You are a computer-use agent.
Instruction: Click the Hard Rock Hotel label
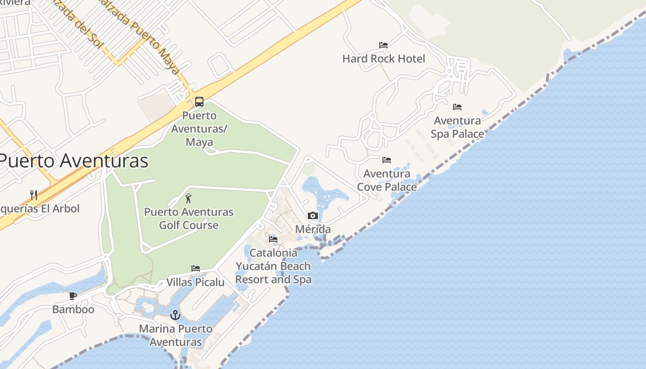[383, 59]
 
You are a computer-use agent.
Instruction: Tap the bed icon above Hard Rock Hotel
[383, 45]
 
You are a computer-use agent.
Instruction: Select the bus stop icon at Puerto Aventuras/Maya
[199, 101]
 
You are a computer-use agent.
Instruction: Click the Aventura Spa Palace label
[457, 127]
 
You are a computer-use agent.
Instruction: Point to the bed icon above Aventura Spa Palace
[457, 107]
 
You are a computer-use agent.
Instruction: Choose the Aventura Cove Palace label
[387, 180]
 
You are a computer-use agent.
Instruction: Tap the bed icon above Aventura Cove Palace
[387, 160]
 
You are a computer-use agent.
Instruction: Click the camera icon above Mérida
[313, 215]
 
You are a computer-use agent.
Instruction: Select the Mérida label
[313, 229]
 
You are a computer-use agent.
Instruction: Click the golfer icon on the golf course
[188, 199]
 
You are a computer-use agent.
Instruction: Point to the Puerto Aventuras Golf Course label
[189, 219]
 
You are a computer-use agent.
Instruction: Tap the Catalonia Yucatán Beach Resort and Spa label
[273, 266]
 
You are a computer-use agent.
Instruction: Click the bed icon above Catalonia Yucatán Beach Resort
[273, 239]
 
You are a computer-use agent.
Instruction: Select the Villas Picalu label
[195, 282]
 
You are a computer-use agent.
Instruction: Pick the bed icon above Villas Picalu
[196, 268]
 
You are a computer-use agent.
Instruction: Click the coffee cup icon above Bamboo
[73, 296]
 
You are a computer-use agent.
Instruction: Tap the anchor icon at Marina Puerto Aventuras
[175, 315]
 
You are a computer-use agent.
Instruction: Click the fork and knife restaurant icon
[34, 195]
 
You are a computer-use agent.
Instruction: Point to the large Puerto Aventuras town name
[74, 161]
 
